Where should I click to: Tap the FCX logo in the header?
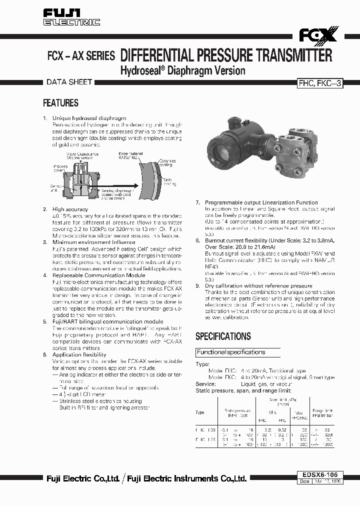tap(318, 35)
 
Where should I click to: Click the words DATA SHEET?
tap(69, 82)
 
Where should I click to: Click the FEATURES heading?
tap(60, 103)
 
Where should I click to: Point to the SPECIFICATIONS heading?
tap(223, 336)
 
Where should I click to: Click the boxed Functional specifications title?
tap(230, 352)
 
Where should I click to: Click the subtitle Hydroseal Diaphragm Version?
tap(183, 70)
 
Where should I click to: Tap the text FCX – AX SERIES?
tap(81, 56)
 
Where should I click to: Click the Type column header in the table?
tap(200, 412)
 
